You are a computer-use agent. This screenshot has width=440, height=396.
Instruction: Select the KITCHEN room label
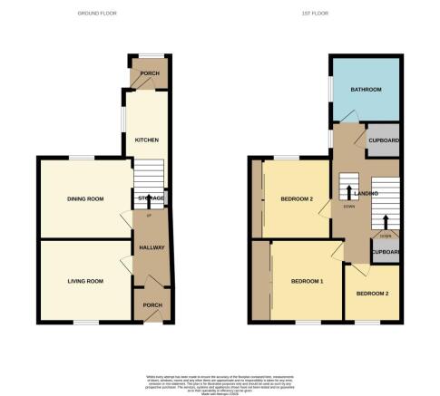coord(147,140)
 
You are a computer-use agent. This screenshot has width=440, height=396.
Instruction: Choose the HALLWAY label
coord(149,247)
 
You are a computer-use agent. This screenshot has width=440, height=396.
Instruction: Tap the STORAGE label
coord(151,198)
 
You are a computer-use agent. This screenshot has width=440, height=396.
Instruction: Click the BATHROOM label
coord(367,90)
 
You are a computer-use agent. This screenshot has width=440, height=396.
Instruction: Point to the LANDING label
coord(366,193)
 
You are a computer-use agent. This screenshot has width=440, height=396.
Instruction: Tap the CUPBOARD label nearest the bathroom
coord(384,141)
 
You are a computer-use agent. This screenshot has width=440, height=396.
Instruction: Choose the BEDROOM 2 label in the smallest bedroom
coord(372,295)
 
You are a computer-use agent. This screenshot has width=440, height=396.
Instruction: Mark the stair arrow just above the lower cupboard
coord(386,222)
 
